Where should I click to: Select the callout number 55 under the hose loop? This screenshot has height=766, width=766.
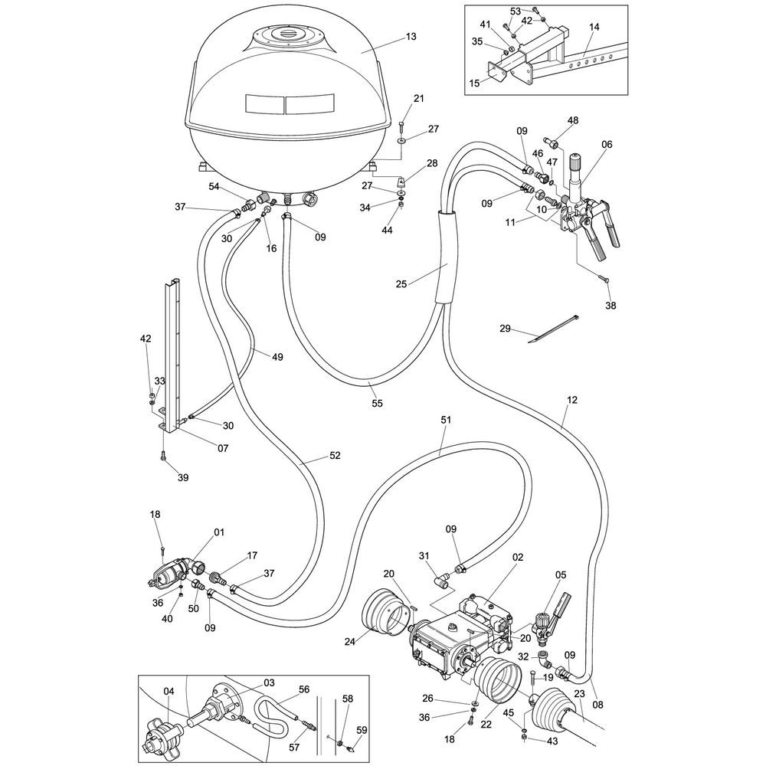click(377, 402)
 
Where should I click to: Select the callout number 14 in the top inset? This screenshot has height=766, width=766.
click(594, 27)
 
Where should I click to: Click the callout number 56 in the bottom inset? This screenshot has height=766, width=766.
click(304, 689)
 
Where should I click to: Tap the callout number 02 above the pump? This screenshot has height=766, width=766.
click(518, 558)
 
